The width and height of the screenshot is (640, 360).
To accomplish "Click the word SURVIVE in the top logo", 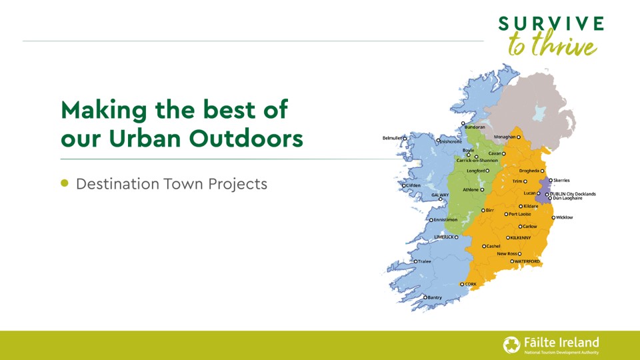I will click(x=551, y=24).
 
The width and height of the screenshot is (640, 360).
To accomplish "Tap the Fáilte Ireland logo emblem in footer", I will click(x=511, y=345).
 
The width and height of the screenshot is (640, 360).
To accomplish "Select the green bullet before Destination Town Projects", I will click(x=65, y=183).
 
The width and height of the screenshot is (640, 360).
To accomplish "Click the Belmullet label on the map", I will click(x=393, y=138).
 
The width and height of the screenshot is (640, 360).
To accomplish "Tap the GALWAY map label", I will click(x=439, y=195).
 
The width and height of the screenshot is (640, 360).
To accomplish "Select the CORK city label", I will click(x=471, y=284).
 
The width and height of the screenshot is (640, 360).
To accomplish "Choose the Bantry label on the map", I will click(x=434, y=297).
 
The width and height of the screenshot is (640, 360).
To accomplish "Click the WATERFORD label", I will click(x=527, y=261).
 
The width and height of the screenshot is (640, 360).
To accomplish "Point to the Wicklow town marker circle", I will click(x=553, y=217).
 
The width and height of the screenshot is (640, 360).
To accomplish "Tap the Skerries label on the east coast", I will click(x=561, y=180).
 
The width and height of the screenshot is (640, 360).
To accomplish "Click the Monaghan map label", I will click(x=504, y=137).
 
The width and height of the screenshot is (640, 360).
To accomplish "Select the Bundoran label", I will click(x=475, y=127).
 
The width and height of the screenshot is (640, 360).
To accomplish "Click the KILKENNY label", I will click(x=520, y=237).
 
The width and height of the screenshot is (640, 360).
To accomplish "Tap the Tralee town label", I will click(x=425, y=261).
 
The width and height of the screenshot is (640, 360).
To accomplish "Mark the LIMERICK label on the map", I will click(x=444, y=237).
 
